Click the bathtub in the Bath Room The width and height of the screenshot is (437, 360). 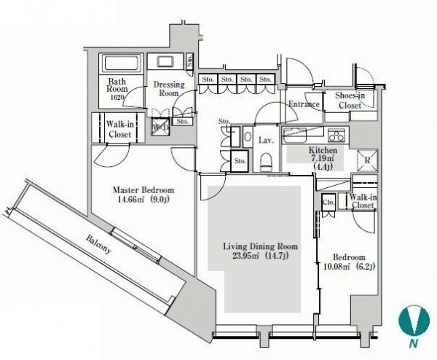coord(121,63)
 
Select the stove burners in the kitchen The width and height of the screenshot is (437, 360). coord(336,134)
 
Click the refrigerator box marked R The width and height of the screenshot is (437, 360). coord(367,160)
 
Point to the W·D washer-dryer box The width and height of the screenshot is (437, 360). coord(160,127)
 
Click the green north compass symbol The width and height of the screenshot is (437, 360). coord(414,320)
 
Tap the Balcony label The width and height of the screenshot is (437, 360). coord(98,245)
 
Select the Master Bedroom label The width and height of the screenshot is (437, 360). coord(143,190)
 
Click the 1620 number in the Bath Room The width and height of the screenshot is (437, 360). coord(117,97)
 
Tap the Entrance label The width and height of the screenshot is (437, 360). coord(304,104)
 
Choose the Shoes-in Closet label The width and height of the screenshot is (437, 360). coord(350,100)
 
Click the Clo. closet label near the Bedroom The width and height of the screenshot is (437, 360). coord(328,202)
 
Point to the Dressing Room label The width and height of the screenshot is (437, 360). coord(169,88)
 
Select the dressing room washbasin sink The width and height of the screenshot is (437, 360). coord(166,62)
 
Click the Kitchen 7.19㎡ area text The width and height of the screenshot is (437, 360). coord(323,159)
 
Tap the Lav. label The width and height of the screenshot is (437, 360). coord(266,140)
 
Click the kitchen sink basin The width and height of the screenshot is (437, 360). coord(295,135)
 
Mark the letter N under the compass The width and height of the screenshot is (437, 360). coord(414,343)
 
